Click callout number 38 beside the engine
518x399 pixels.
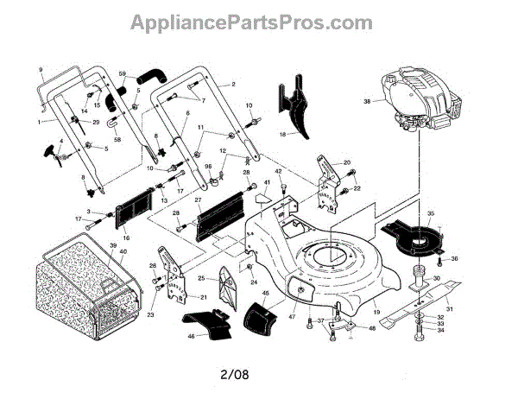(x=367, y=102)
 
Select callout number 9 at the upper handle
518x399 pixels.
(x=40, y=68)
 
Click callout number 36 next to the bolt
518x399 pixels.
(x=454, y=258)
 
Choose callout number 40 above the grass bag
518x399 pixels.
(x=123, y=251)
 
